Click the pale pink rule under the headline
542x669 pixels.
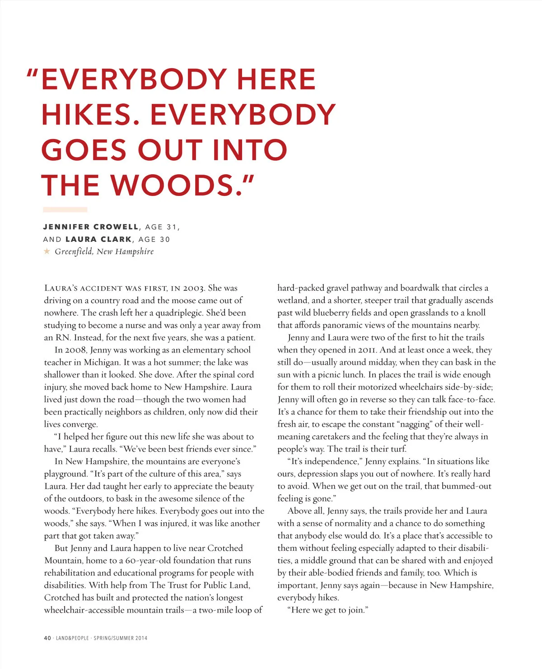(65, 209)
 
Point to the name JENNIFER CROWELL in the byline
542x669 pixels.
(91, 227)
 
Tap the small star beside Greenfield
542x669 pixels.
(47, 251)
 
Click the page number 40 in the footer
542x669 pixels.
(47, 638)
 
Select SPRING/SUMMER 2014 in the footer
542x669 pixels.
(121, 638)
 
